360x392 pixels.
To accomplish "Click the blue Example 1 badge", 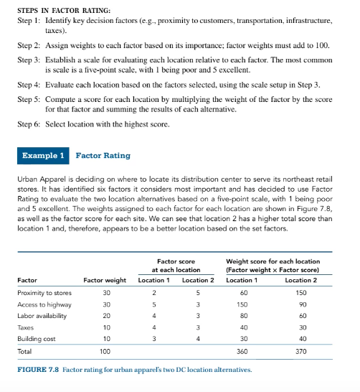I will click(44, 155).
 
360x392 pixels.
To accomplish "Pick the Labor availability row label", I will click(41, 315).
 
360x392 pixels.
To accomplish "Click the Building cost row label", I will click(35, 338).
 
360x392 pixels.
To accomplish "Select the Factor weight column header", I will click(105, 279).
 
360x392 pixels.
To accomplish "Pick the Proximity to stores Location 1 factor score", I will click(153, 292).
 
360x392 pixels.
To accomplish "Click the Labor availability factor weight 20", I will click(106, 315).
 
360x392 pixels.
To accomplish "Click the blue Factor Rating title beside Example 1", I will click(103, 155).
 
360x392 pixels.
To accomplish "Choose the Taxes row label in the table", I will click(25, 327).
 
